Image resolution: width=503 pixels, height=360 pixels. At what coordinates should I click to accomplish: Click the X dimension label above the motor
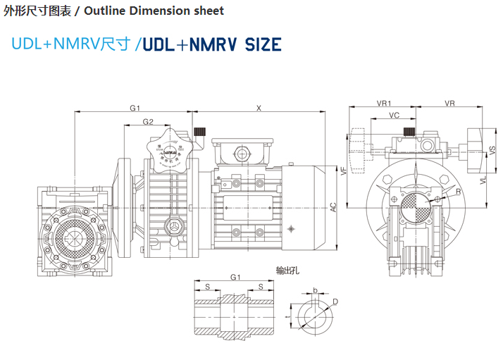(x=259, y=108)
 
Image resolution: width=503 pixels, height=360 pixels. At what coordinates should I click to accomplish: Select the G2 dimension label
(x=148, y=122)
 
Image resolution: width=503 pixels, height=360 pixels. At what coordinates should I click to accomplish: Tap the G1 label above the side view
(x=135, y=108)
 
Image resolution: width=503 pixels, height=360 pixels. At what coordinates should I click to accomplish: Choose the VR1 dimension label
(x=384, y=103)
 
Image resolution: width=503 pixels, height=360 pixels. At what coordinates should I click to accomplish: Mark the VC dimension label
(x=395, y=115)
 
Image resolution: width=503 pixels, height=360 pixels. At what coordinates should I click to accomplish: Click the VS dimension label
(x=492, y=149)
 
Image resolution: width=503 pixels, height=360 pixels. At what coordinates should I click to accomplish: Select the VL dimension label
(x=483, y=180)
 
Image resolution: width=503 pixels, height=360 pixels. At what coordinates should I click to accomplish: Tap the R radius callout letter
(x=458, y=192)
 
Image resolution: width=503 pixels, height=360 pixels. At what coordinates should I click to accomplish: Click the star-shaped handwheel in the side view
(x=168, y=146)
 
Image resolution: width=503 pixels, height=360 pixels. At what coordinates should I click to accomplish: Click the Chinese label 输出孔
(x=287, y=271)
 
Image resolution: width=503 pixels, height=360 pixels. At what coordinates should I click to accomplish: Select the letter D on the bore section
(x=335, y=302)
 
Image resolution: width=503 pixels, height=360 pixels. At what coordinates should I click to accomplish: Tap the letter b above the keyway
(x=315, y=290)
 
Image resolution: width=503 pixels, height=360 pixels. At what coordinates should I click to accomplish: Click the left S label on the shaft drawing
(x=207, y=287)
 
